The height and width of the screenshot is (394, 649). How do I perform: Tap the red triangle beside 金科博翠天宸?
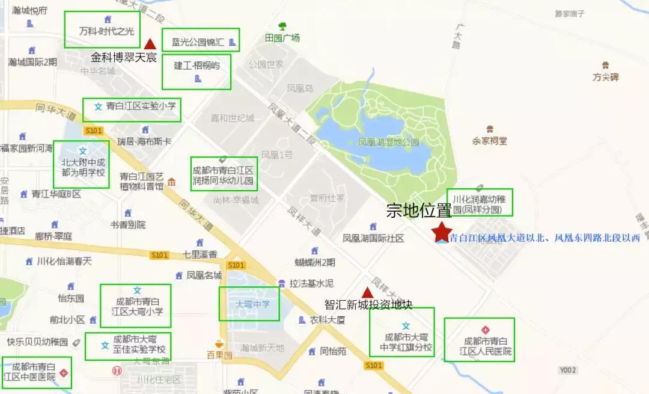[150, 43]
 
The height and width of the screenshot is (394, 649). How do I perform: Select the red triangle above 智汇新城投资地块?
[366, 292]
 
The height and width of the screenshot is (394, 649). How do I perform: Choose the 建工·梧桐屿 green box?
[197, 72]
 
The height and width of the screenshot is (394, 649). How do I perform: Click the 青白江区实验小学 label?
[132, 109]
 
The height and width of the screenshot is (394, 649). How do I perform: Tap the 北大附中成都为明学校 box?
[81, 164]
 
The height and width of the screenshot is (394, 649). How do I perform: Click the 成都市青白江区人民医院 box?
[479, 340]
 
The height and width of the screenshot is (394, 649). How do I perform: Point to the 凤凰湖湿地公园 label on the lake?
[388, 143]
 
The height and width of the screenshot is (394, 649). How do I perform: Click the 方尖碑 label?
[605, 77]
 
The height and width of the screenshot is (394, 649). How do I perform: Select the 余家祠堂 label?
[490, 141]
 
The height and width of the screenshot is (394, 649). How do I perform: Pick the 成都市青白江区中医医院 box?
[36, 372]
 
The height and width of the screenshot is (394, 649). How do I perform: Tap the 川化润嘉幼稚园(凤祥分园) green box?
[480, 202]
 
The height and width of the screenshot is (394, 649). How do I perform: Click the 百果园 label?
[219, 355]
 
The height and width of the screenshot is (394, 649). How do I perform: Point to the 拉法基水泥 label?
[311, 283]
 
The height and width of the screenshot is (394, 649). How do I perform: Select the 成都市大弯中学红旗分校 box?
[401, 332]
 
